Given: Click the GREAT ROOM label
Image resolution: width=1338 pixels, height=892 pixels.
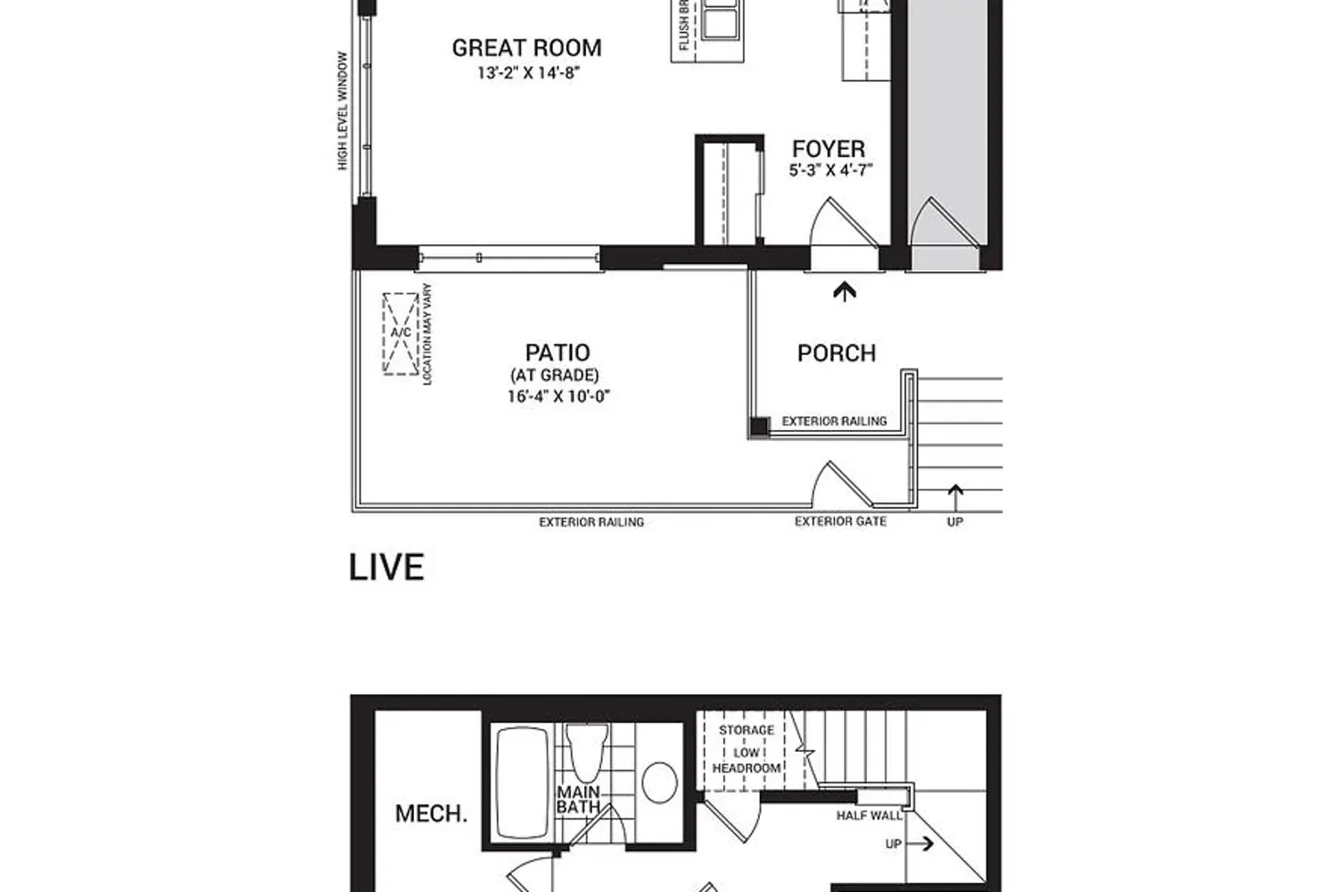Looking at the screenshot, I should point(526,48).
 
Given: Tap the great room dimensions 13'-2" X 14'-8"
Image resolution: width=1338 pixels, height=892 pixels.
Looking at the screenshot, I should point(527,73).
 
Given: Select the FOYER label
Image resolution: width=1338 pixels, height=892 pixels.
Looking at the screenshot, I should point(829,149).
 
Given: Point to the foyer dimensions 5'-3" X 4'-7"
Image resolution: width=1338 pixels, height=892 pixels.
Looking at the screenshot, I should point(830,170).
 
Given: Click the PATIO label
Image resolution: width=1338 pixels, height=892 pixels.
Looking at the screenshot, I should point(557,352).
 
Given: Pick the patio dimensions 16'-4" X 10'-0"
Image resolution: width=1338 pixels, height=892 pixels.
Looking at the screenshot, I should point(557,397).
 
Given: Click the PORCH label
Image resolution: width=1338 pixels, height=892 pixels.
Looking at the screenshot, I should point(836,353).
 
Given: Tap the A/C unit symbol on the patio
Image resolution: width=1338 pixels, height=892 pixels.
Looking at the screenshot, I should point(401,334).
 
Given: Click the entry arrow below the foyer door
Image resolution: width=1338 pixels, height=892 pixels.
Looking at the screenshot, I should point(844,291).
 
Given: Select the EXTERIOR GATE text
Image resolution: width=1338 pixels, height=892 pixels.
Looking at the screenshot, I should point(840,522).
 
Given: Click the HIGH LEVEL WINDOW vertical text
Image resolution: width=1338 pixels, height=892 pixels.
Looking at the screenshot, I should point(343,111).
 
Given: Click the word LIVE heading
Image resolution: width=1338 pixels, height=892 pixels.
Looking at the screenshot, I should point(386,568).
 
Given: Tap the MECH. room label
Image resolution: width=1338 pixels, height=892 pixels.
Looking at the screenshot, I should point(431,814).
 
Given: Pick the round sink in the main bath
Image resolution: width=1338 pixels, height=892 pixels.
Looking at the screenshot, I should point(659,781).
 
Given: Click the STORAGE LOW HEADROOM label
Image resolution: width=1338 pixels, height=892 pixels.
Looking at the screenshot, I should point(747,749).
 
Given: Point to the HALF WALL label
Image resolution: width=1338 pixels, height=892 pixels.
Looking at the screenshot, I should point(868,815).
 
